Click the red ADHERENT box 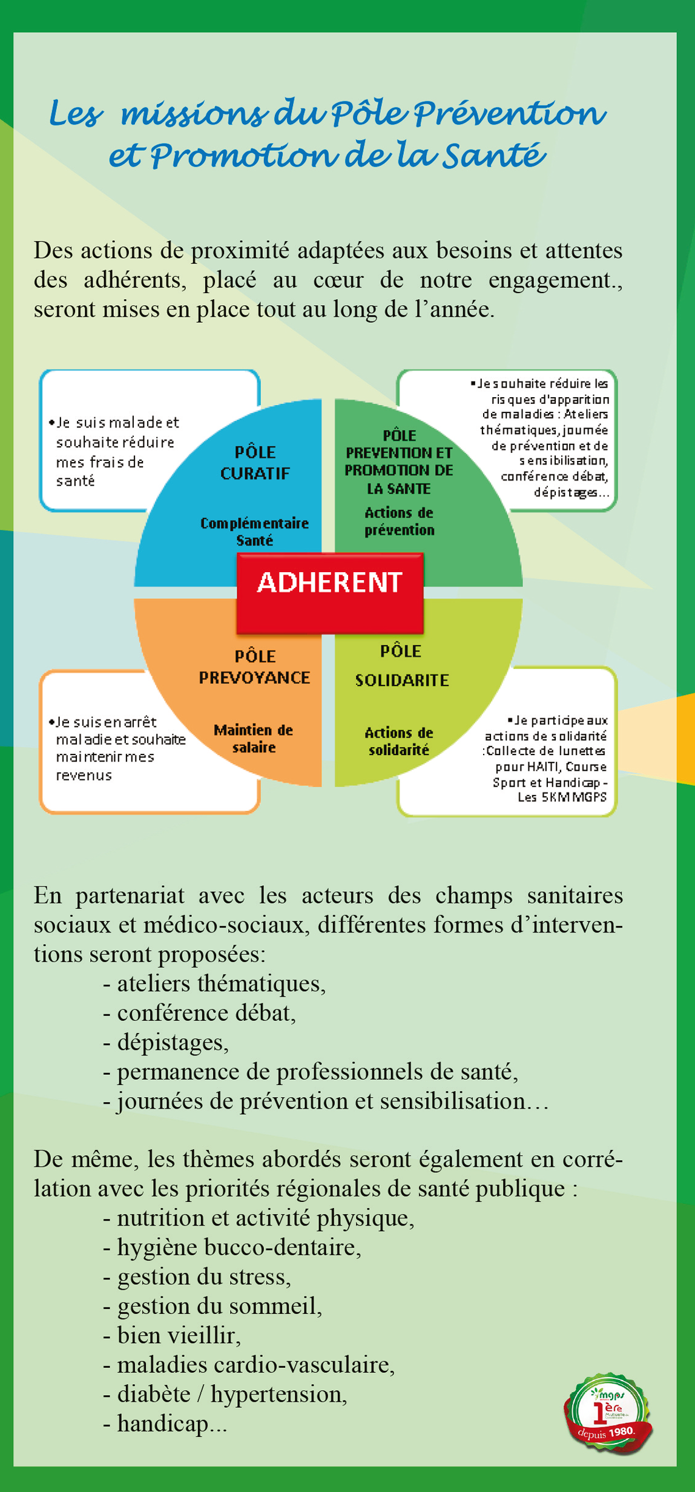[x=329, y=592]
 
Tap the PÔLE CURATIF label [x=255, y=463]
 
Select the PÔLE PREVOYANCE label [x=255, y=667]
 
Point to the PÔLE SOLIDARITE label [x=401, y=665]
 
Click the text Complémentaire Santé [x=254, y=531]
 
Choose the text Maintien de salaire [x=254, y=738]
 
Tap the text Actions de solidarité [x=399, y=741]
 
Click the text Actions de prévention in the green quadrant [x=399, y=521]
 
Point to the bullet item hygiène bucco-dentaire [x=239, y=1247]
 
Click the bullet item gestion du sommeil [x=219, y=1305]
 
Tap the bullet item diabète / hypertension [x=232, y=1393]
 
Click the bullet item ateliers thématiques [x=221, y=983]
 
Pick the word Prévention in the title [x=509, y=113]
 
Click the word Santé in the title [x=493, y=156]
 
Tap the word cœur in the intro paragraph [x=338, y=280]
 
